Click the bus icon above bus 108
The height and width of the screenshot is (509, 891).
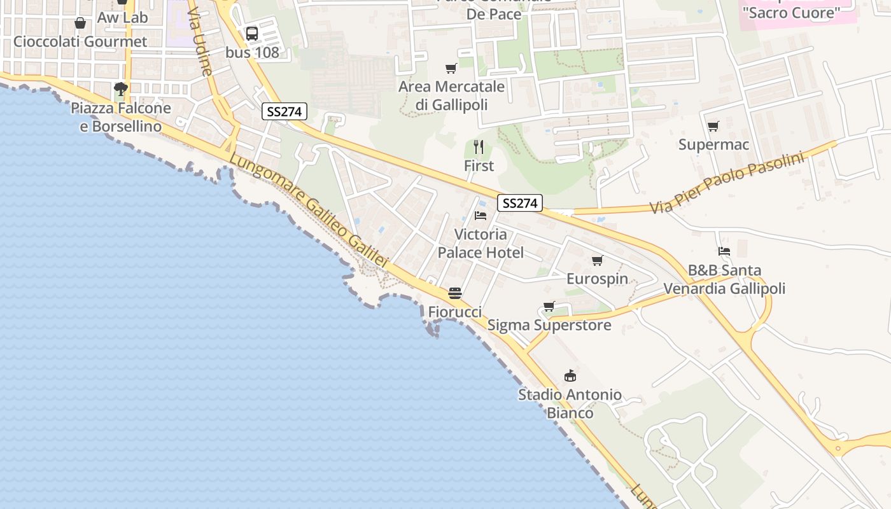pos(252,34)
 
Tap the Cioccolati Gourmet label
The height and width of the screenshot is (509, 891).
pos(80,41)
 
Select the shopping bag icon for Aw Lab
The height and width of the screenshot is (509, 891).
pos(80,24)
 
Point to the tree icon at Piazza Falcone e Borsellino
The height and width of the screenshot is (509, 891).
pos(120,88)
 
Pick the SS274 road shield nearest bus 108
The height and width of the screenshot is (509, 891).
pos(284,112)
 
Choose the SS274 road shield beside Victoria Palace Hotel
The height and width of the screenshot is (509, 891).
pos(520,203)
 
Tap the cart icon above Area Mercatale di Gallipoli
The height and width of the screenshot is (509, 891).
pos(451,68)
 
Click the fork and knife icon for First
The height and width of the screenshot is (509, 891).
pos(479,148)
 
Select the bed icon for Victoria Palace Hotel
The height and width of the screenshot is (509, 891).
pos(481,216)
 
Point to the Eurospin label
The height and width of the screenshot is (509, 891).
pos(597,279)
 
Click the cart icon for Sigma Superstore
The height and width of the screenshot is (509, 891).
pos(549,307)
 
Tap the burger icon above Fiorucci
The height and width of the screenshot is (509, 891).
pos(454,293)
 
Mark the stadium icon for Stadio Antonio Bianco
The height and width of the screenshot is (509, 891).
pos(570,376)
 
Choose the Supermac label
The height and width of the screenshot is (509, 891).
pos(713,144)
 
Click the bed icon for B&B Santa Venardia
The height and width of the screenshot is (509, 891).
pos(724,251)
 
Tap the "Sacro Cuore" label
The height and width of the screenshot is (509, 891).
pos(792,13)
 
